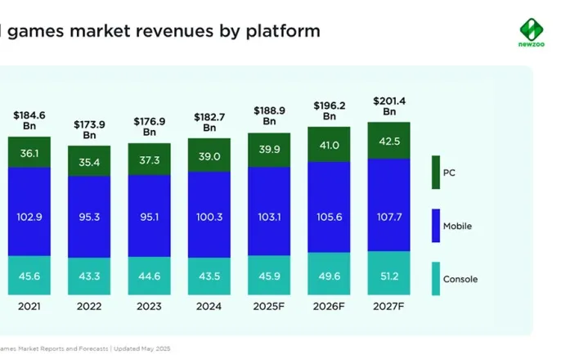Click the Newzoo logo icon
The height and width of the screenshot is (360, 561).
point(532,29)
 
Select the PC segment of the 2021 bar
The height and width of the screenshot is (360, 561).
point(29,152)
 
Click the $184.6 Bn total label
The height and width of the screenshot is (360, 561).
point(29,120)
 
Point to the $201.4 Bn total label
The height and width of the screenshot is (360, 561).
point(389,106)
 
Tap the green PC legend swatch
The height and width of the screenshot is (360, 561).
point(436,172)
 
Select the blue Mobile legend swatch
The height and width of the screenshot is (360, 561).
point(436,226)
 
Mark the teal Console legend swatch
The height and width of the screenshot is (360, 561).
point(436,279)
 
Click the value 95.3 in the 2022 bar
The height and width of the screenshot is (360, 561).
point(89,217)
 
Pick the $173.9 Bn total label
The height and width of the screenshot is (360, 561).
point(89,129)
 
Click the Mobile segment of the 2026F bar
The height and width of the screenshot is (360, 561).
point(330,206)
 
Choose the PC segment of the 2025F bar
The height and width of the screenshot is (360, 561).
point(269,150)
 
